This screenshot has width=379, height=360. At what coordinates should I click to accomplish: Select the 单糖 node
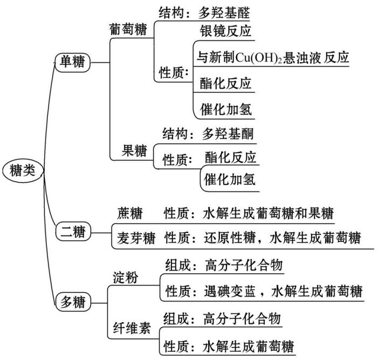coord(73,63)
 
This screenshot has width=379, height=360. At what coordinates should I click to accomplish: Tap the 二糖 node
coord(74,232)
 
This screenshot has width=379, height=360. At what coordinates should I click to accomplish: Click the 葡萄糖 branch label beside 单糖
coord(127,30)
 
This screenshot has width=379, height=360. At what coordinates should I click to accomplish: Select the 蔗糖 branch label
coord(129,213)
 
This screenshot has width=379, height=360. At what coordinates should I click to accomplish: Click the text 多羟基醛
coord(226,11)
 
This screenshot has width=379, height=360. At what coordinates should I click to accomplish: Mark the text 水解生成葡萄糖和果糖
coord(268,213)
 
